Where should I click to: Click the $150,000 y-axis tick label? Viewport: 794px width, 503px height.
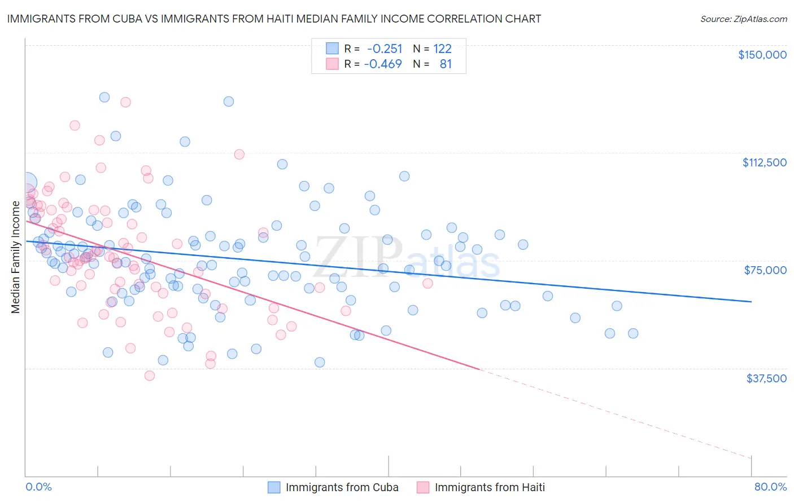click(762, 55)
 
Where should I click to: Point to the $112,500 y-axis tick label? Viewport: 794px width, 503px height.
click(764, 162)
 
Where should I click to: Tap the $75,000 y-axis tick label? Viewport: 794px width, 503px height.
click(765, 270)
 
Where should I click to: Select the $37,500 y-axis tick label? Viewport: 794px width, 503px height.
click(766, 378)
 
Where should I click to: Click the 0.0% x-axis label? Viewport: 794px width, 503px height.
click(38, 487)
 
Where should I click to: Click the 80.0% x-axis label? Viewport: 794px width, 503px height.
click(770, 487)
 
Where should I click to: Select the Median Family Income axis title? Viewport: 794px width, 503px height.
click(15, 257)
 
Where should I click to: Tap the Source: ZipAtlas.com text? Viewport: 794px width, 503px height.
click(743, 19)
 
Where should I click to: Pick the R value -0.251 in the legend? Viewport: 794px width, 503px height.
click(384, 48)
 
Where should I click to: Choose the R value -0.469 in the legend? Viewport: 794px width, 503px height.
click(382, 64)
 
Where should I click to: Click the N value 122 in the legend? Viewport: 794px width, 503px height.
click(442, 48)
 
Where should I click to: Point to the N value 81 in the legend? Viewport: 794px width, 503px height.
click(446, 64)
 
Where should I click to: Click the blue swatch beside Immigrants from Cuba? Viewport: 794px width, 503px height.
click(274, 487)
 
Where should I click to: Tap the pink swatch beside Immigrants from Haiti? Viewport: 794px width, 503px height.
click(423, 487)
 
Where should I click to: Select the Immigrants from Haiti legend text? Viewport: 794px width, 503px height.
click(490, 487)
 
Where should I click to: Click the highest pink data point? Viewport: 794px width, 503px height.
click(125, 102)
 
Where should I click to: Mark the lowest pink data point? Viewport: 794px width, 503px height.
click(150, 376)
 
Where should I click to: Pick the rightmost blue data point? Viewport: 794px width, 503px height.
click(633, 333)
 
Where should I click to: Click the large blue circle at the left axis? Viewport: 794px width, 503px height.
click(26, 183)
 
